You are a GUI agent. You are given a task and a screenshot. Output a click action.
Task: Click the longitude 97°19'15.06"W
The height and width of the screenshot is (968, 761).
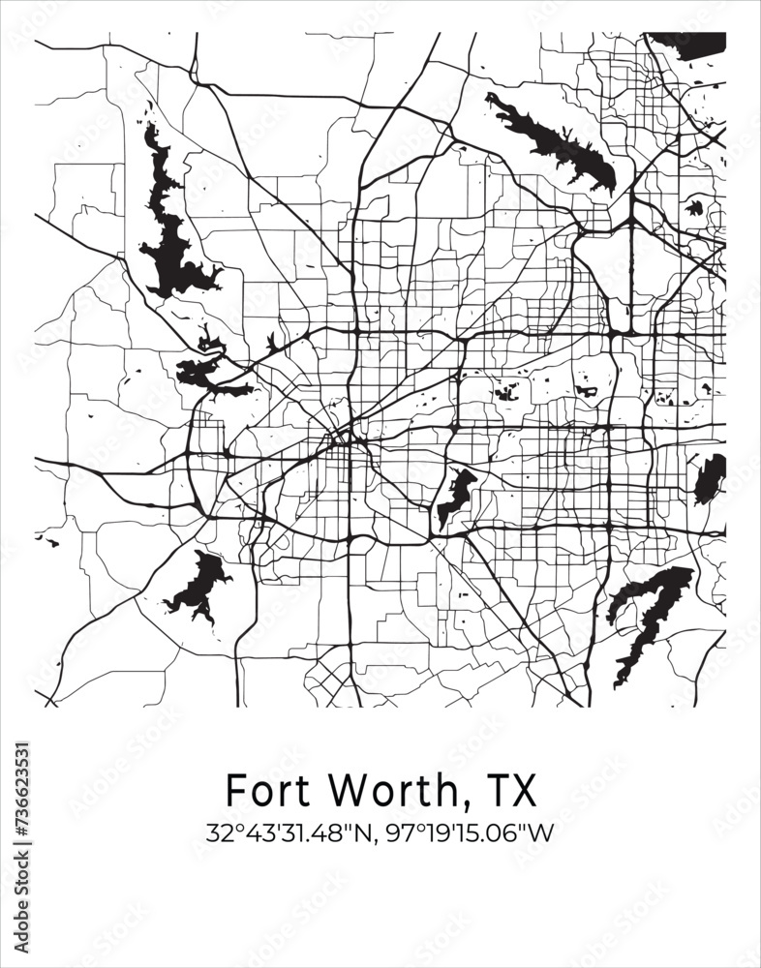[x=468, y=832]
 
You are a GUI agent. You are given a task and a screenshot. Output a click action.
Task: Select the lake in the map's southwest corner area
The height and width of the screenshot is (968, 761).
[x=198, y=587]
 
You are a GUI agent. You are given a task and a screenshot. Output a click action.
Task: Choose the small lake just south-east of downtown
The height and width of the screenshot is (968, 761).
[x=455, y=496]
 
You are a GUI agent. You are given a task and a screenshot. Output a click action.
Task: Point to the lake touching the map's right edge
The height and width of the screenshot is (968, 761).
[x=711, y=478]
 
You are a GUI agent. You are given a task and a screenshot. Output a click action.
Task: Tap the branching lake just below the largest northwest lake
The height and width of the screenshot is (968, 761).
[x=208, y=373]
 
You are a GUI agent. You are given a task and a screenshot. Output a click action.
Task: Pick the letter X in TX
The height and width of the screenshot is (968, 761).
[x=523, y=790]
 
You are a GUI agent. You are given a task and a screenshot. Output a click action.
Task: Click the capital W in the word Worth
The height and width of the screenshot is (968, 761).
[x=347, y=790]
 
